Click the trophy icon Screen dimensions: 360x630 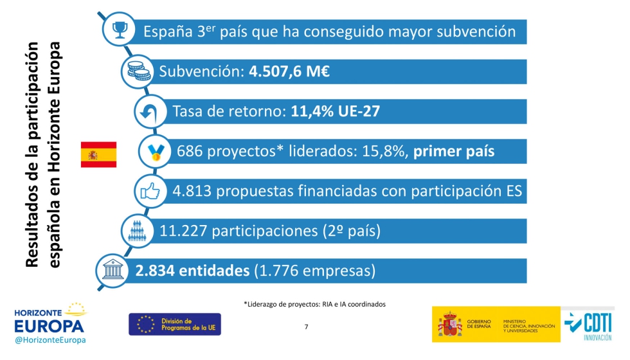tap(120, 29)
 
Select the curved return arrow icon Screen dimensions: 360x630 tap(150, 111)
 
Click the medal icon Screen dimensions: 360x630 tap(156, 152)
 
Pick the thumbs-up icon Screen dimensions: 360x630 tap(150, 191)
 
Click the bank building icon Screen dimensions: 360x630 tap(113, 271)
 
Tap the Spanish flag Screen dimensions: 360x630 tap(98, 154)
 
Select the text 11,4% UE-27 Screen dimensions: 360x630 tap(335, 112)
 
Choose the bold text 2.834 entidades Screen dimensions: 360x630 tap(192, 271)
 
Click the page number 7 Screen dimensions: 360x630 tap(306, 327)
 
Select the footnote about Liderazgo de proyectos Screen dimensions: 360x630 tap(314, 304)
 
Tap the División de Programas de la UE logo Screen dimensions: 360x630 tap(174, 324)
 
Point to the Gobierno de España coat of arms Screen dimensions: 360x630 tap(450, 325)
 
